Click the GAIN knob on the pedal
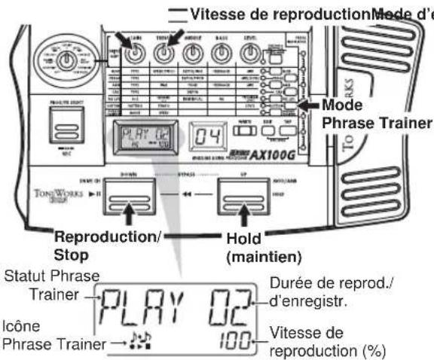click(x=136, y=54)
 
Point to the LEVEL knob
click(x=249, y=54)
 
